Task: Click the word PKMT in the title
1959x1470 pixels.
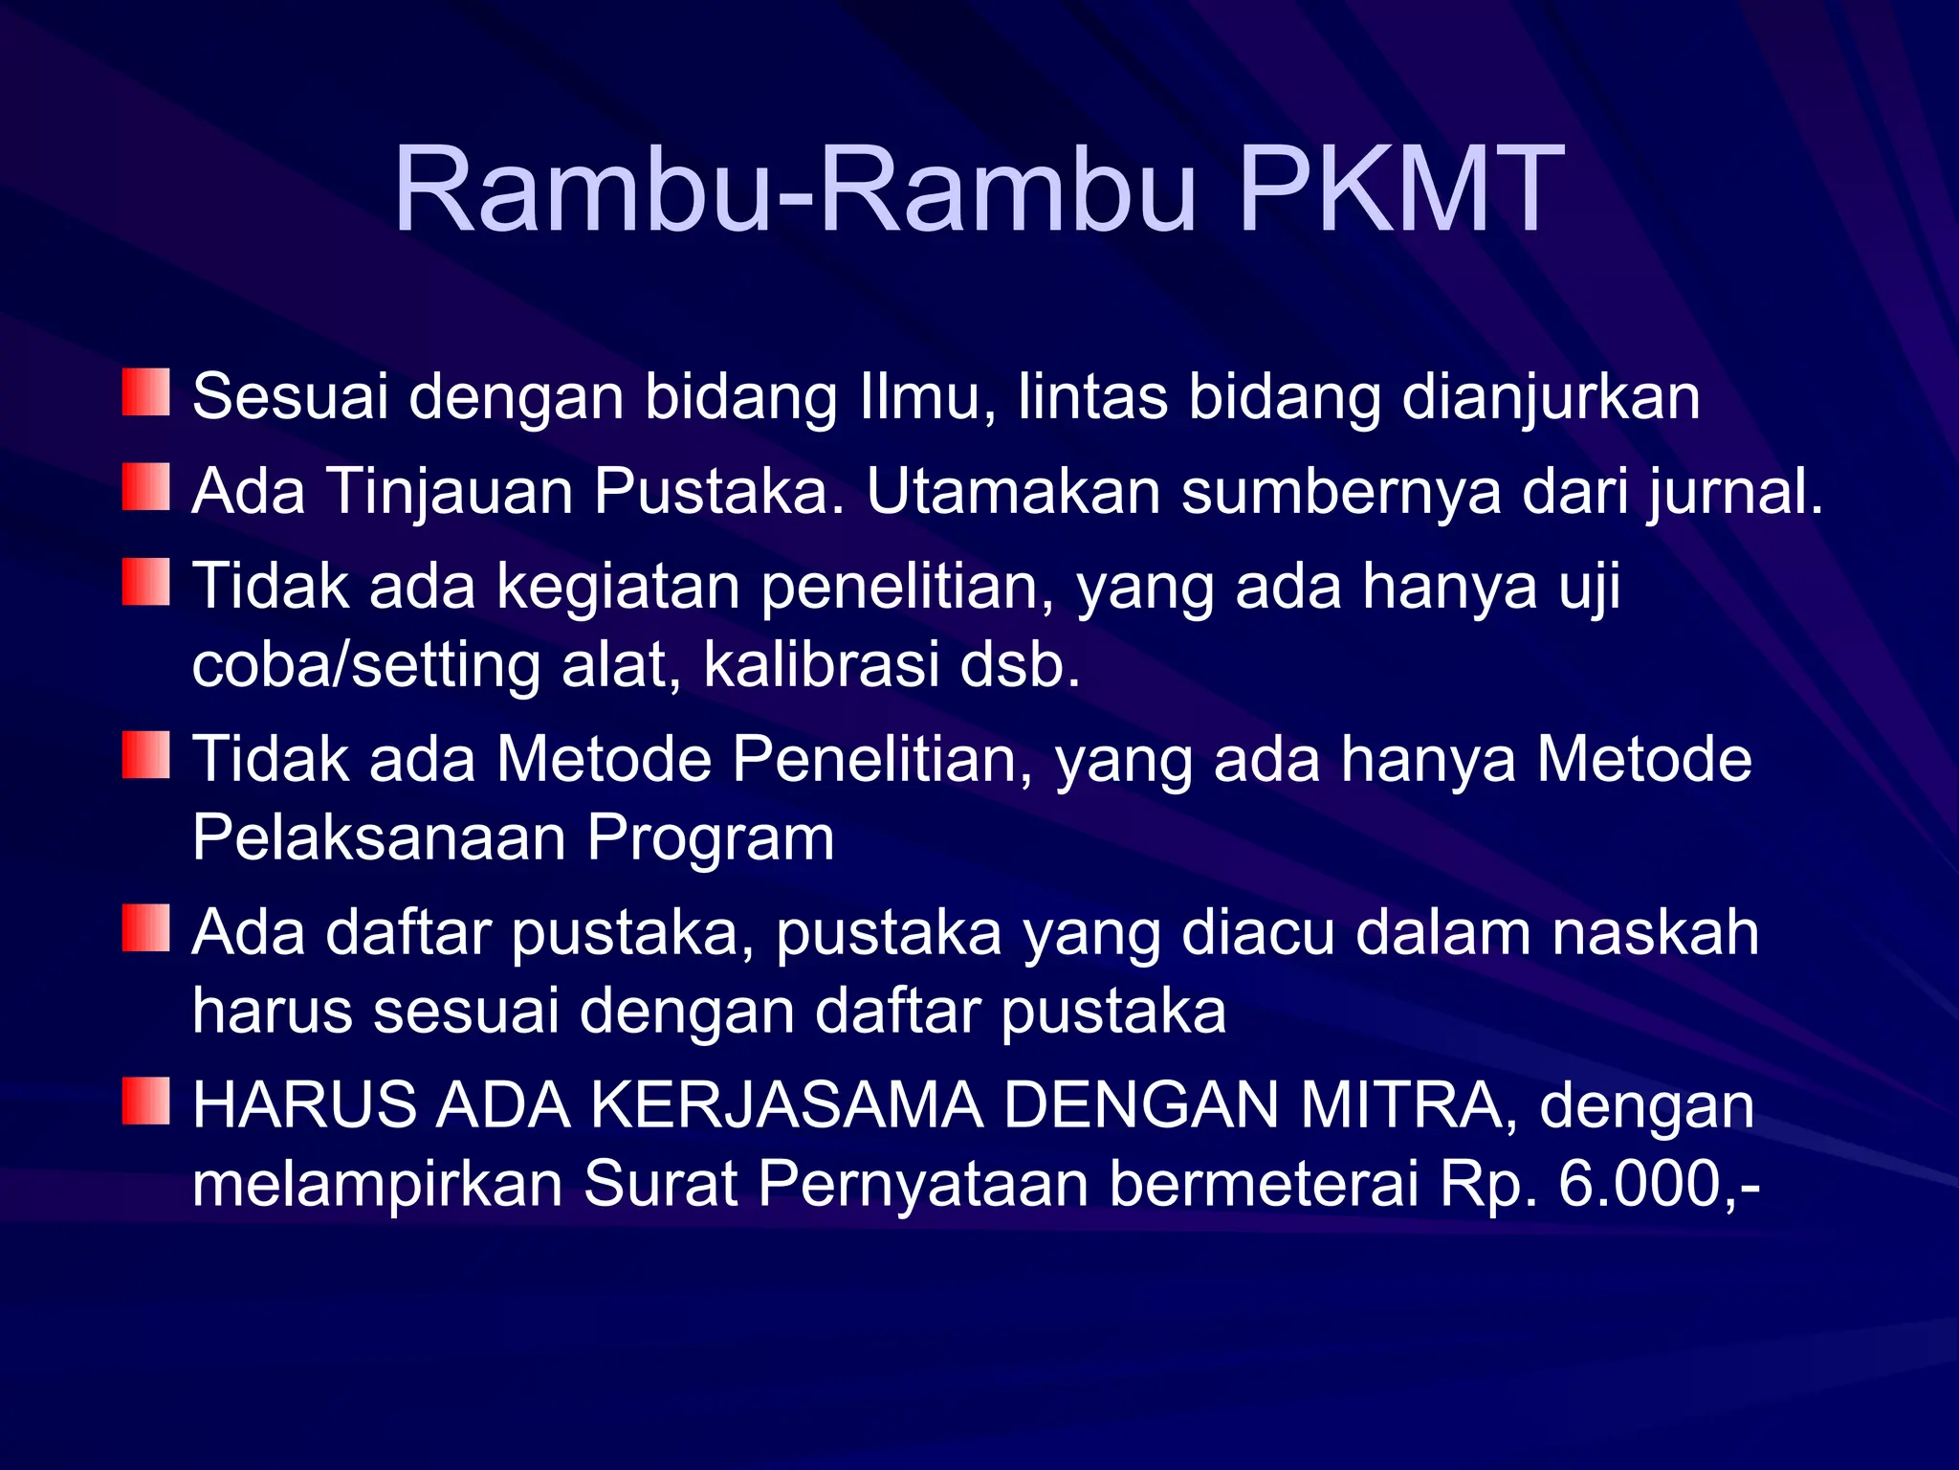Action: pyautogui.click(x=1400, y=189)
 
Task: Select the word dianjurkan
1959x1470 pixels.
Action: pyautogui.click(x=1551, y=396)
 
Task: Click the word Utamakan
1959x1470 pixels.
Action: pyautogui.click(x=1014, y=492)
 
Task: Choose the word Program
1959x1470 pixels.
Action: pyautogui.click(x=711, y=837)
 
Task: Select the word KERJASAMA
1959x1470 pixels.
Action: pyautogui.click(x=787, y=1105)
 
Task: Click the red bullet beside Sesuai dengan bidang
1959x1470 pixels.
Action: pyautogui.click(x=145, y=392)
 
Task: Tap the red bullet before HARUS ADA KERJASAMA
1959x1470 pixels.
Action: pyautogui.click(x=145, y=1101)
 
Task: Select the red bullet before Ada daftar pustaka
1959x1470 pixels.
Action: pyautogui.click(x=145, y=927)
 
